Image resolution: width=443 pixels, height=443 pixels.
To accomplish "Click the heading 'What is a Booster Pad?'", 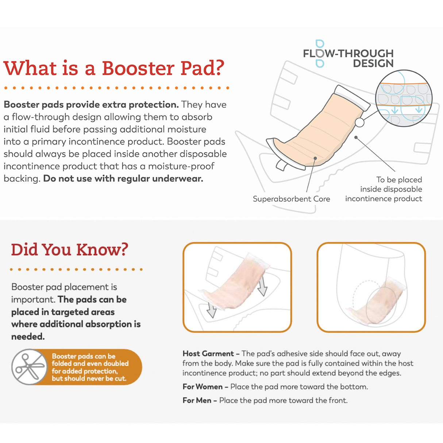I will pyautogui.click(x=113, y=68).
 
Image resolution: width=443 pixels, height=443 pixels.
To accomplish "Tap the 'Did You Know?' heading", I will pyautogui.click(x=69, y=250).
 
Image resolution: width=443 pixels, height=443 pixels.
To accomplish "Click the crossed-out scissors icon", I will pyautogui.click(x=29, y=367).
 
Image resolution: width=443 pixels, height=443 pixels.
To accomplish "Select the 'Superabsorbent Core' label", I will pyautogui.click(x=291, y=199).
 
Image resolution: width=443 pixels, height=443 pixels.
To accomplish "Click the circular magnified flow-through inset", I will pyautogui.click(x=404, y=99).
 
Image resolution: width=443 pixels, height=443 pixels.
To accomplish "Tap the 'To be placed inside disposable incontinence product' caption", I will pyautogui.click(x=384, y=189).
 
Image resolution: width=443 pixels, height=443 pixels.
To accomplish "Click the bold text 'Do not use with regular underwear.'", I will pyautogui.click(x=123, y=178).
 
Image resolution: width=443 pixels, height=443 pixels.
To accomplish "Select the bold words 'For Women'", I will pyautogui.click(x=203, y=387).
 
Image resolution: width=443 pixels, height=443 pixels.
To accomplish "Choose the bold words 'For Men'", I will pyautogui.click(x=197, y=400).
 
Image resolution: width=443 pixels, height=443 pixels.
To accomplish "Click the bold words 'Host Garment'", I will pyautogui.click(x=208, y=354).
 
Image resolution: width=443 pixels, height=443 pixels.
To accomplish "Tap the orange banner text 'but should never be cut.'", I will pyautogui.click(x=89, y=379).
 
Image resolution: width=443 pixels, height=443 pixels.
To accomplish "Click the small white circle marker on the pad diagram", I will pyautogui.click(x=359, y=122).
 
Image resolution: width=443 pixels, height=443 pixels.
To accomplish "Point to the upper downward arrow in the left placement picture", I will pyautogui.click(x=262, y=286).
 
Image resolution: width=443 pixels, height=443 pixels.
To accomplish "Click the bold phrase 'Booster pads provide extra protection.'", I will pyautogui.click(x=91, y=104).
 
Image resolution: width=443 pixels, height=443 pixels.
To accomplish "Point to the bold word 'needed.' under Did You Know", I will pyautogui.click(x=28, y=336).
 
